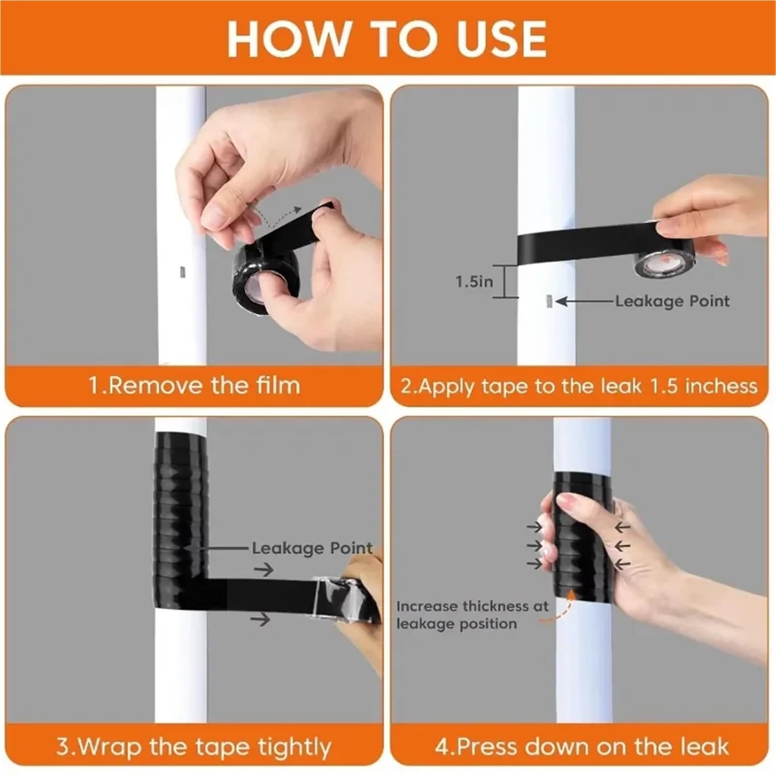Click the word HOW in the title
(289, 38)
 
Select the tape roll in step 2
(664, 264)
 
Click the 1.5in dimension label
(474, 281)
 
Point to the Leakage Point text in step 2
(672, 301)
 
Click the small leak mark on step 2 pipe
(549, 302)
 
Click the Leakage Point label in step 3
(312, 549)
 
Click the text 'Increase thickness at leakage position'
(472, 614)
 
